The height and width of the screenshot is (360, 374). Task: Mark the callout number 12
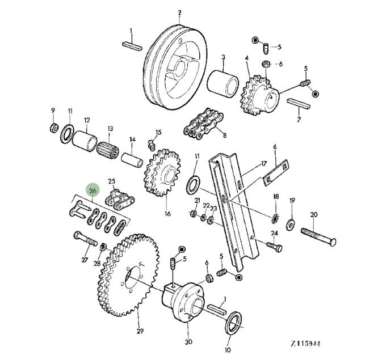click(x=86, y=120)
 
